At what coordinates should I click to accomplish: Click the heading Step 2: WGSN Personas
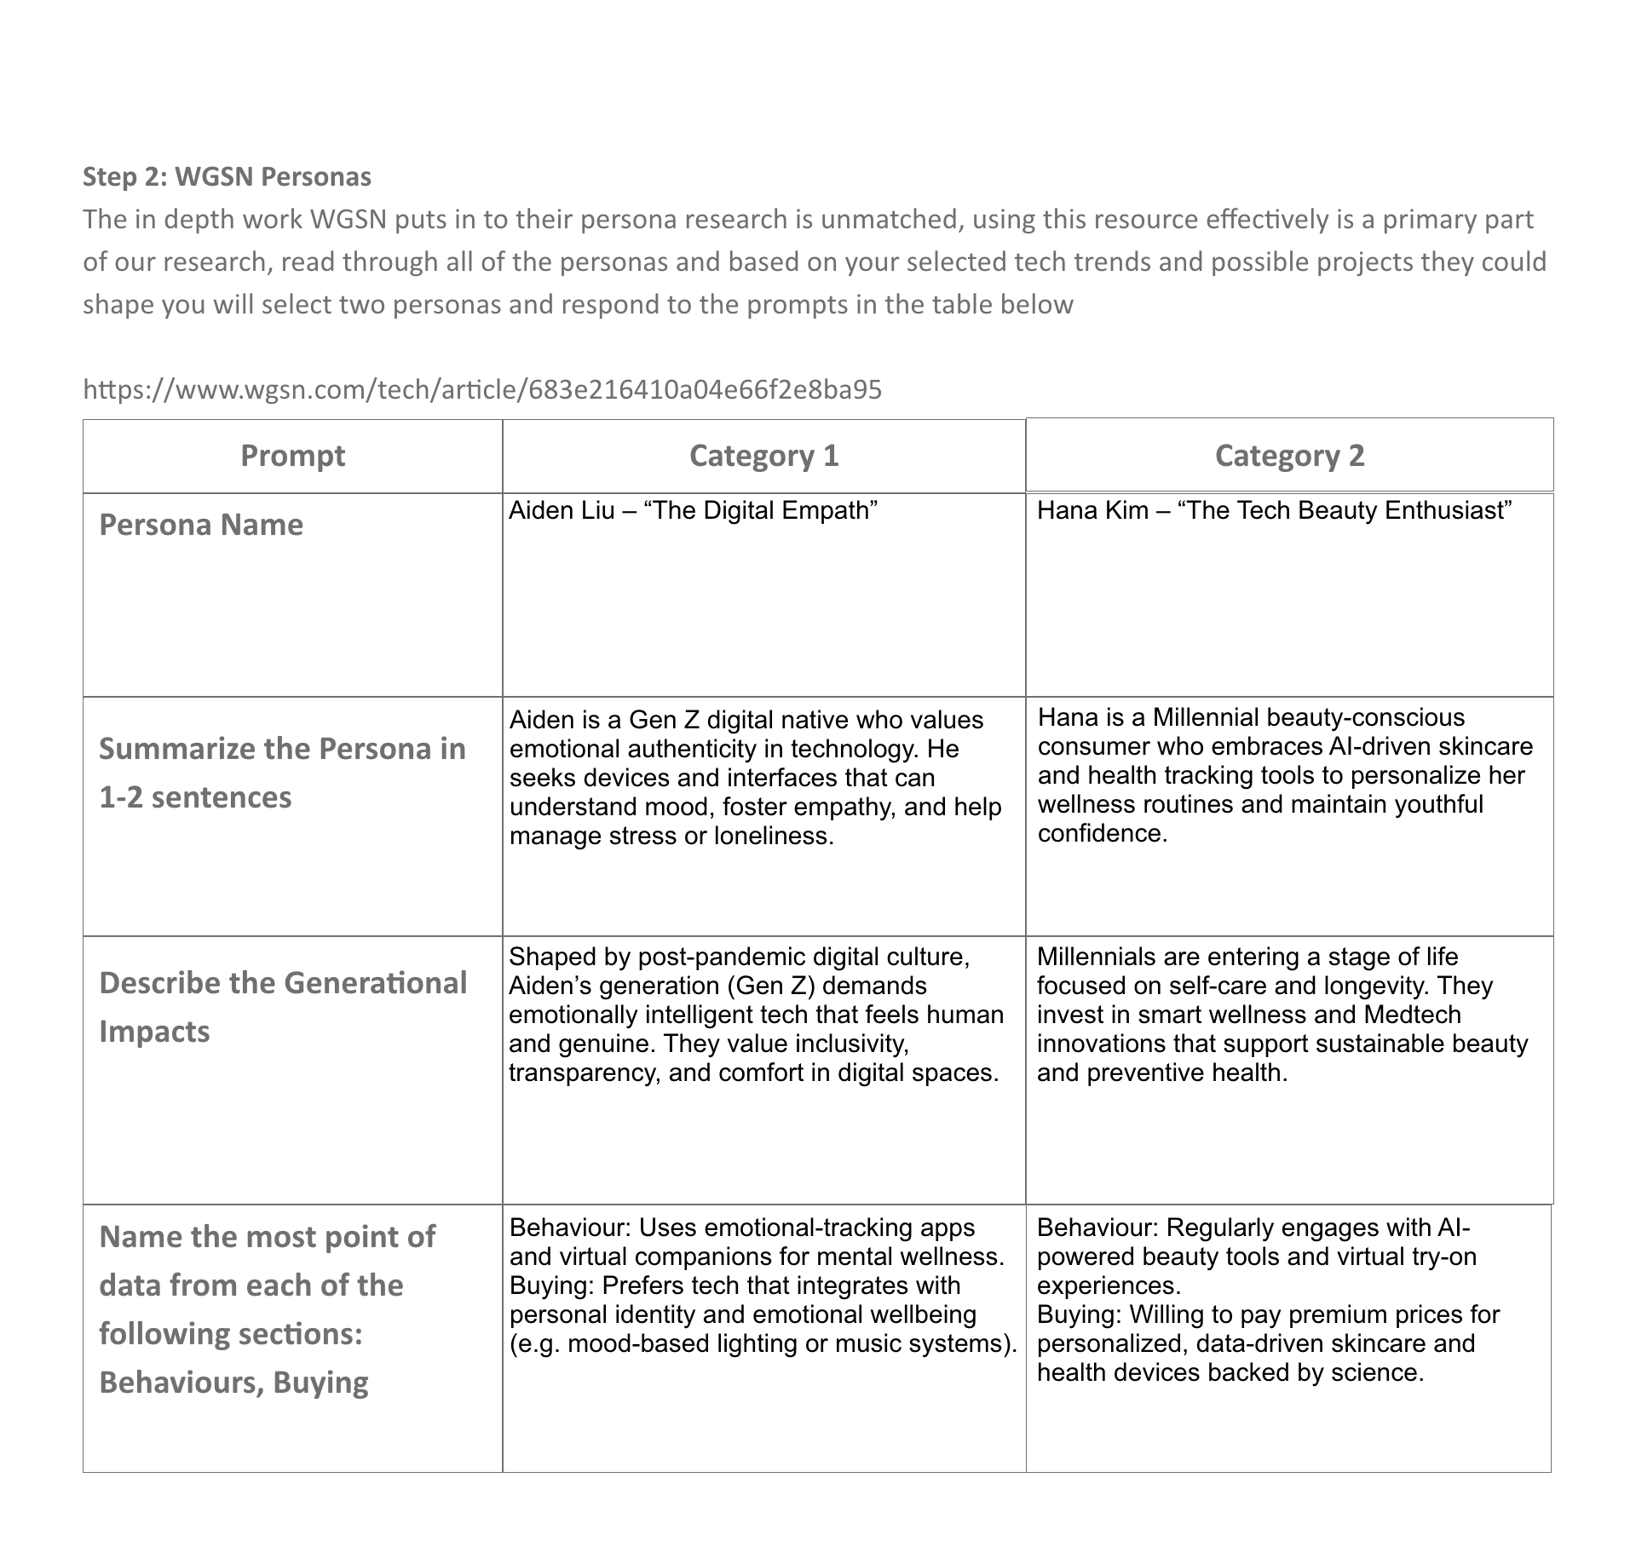click(x=227, y=176)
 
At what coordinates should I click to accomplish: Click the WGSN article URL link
click(x=482, y=389)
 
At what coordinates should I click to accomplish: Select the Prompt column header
click(x=292, y=456)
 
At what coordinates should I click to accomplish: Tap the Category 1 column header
click(x=763, y=456)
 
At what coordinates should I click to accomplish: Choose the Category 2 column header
click(x=1289, y=456)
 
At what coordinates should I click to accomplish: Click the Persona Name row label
click(x=201, y=525)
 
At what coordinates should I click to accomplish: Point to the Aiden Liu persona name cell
click(x=693, y=510)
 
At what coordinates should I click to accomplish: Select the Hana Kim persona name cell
click(x=1274, y=510)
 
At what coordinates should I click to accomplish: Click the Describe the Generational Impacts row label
click(x=283, y=1007)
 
